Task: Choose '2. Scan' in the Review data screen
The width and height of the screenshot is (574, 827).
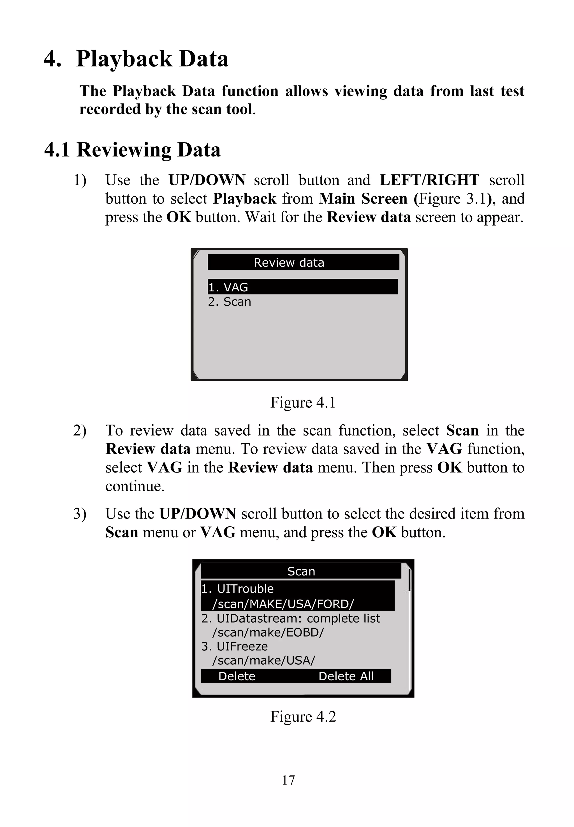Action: pos(230,301)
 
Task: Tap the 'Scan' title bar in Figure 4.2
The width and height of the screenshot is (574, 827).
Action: pos(301,572)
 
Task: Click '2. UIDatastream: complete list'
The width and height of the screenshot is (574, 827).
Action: pos(290,618)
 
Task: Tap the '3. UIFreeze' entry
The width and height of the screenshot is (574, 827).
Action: pos(235,646)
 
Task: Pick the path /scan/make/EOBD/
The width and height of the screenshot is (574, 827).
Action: pos(268,632)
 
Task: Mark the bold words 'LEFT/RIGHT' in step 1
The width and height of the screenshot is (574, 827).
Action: pos(429,180)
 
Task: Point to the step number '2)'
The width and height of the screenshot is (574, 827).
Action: pos(80,430)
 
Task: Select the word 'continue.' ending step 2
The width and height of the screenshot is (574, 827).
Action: pos(135,486)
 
